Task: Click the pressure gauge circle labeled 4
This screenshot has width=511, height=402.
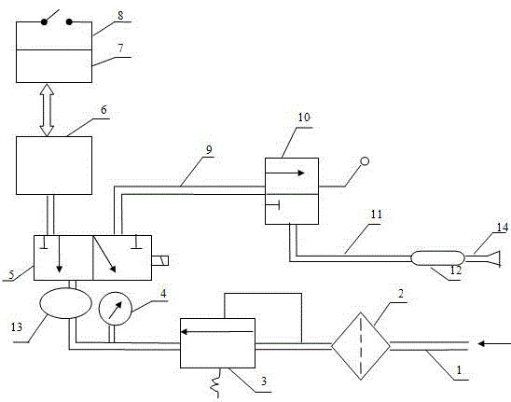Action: tap(115, 309)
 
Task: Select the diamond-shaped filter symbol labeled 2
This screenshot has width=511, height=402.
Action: tap(361, 346)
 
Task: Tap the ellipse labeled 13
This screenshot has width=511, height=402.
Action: tap(66, 303)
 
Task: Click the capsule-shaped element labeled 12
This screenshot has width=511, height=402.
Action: tap(437, 258)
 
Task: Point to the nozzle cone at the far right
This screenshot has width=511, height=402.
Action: tap(493, 259)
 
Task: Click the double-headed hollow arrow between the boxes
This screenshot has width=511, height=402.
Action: tap(48, 109)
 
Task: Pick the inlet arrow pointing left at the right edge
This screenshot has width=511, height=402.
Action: tap(494, 343)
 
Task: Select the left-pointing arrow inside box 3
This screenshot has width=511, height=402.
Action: tap(217, 332)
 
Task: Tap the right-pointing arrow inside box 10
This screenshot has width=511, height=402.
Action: tap(285, 173)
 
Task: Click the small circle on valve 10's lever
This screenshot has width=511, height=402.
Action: tap(365, 161)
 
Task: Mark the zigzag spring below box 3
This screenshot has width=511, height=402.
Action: tap(215, 383)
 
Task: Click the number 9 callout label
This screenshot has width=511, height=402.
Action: tap(209, 149)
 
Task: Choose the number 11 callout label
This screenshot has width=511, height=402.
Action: tap(376, 215)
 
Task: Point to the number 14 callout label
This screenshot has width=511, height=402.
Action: tap(503, 228)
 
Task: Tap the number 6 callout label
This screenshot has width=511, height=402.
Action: tap(104, 110)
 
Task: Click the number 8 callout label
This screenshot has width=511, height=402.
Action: tap(120, 15)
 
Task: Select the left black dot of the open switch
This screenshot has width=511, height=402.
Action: tap(44, 21)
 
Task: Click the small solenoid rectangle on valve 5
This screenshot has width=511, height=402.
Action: tap(160, 261)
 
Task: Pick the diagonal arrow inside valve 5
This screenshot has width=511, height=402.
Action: tap(104, 254)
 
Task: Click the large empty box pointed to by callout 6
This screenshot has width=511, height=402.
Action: tap(54, 165)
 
